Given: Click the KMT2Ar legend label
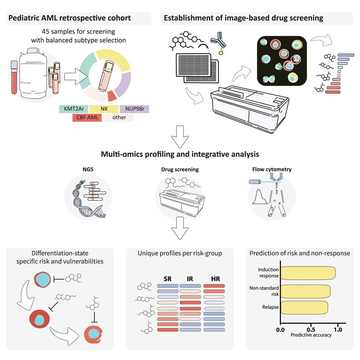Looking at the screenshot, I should coord(73,108).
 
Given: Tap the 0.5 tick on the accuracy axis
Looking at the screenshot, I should coord(310,330).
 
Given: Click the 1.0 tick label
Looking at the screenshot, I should coord(338,330).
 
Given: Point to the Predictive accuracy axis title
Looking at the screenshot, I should coord(311,335).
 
